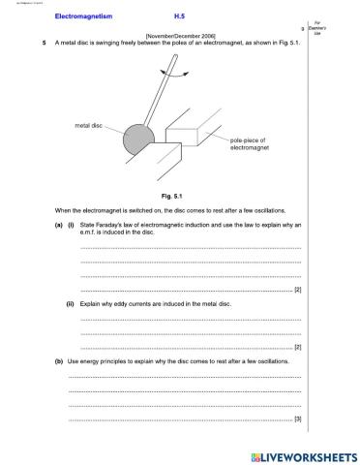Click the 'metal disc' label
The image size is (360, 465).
click(x=88, y=126)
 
